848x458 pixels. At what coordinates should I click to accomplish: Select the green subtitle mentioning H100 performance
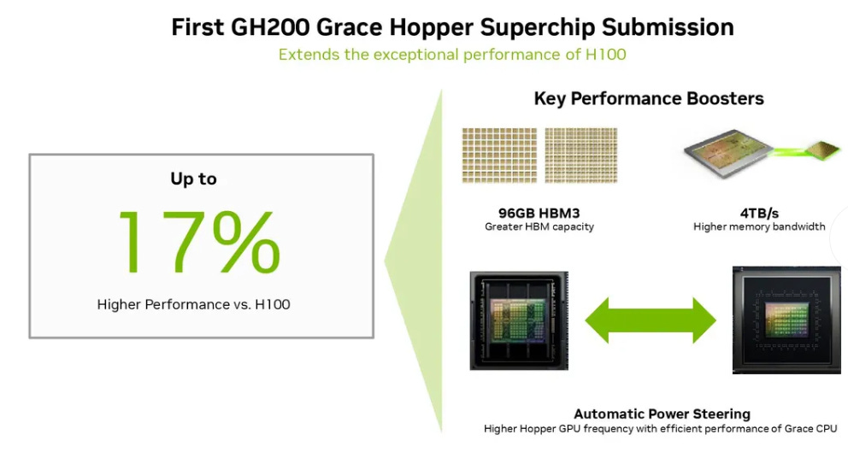coord(452,55)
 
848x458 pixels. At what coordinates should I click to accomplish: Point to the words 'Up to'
coord(193,179)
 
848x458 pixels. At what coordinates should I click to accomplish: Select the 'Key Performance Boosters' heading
coord(649,98)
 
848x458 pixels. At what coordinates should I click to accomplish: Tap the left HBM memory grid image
coord(498,156)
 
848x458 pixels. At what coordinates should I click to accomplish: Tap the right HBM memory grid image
coord(580,156)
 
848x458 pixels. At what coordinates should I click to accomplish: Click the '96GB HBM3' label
coord(539,214)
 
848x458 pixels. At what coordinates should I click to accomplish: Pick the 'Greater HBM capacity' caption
coord(539,227)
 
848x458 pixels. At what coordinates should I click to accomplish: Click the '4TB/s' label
coord(758,214)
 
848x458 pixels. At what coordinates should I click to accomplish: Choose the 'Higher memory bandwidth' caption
coord(758,227)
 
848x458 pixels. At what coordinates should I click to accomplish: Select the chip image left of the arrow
coord(519,320)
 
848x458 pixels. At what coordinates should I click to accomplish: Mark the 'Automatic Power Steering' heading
coord(661,414)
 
